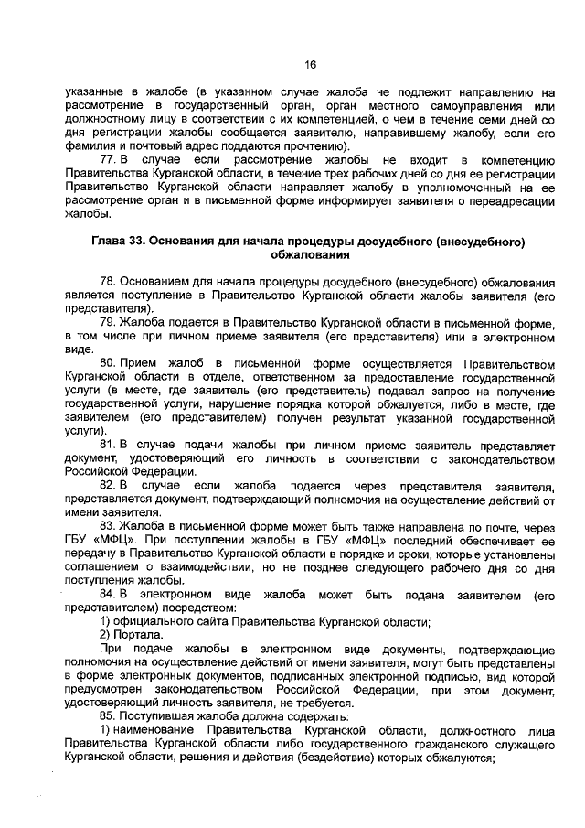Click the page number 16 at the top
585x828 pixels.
point(310,64)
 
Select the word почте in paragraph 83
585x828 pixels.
point(505,527)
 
